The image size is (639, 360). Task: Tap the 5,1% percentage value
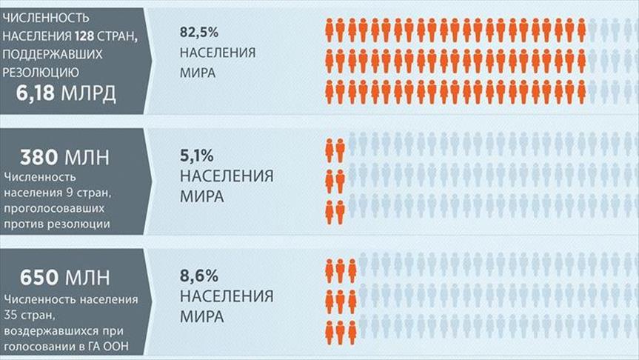[x=197, y=156]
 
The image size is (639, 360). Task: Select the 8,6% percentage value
[x=198, y=277]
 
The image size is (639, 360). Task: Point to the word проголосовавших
[x=56, y=209]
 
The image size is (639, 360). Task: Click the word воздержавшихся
[x=52, y=330]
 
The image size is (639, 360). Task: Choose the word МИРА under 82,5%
[x=197, y=73]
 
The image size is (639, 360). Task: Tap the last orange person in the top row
[x=582, y=30]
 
